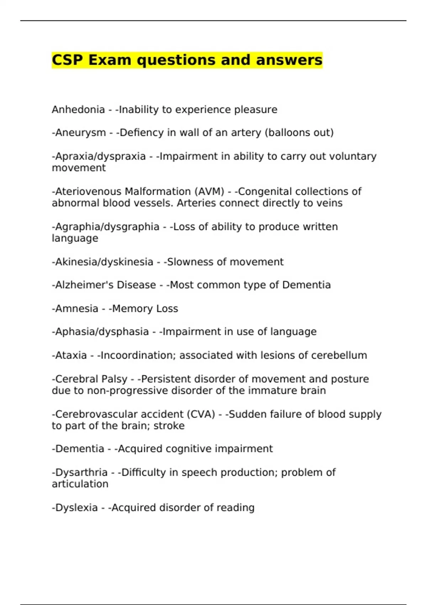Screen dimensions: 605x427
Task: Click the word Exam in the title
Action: (110, 60)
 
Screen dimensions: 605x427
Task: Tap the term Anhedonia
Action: (78, 110)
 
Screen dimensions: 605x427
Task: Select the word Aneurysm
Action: (80, 133)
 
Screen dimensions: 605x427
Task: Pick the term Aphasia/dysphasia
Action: (101, 332)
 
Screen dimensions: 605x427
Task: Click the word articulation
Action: (80, 484)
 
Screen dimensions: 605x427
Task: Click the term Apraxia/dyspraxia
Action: (100, 157)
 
